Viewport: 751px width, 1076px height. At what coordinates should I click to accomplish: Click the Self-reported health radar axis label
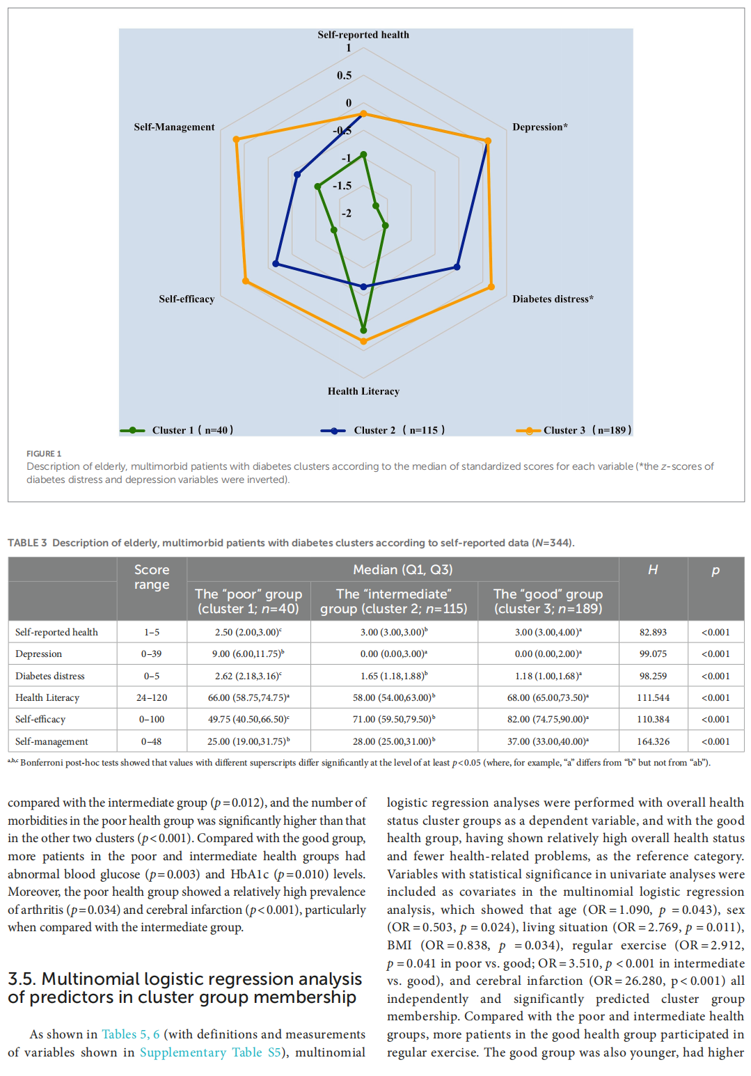tap(363, 35)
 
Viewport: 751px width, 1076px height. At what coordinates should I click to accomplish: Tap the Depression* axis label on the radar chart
tap(540, 127)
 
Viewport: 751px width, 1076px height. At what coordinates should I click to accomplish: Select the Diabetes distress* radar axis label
tap(553, 299)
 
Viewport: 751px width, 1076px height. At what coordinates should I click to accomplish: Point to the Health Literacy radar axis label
tap(363, 391)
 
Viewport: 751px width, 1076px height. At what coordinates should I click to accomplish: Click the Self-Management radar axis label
tap(174, 127)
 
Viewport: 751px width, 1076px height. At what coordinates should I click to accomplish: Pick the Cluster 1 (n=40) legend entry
tap(177, 430)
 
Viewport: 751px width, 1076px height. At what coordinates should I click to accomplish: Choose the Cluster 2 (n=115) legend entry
tap(383, 430)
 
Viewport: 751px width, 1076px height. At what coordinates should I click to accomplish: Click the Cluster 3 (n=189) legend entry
tap(574, 430)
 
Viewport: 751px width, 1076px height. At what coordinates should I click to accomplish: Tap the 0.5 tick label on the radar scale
tap(345, 75)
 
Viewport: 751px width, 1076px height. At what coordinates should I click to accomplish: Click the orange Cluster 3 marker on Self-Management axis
tap(237, 140)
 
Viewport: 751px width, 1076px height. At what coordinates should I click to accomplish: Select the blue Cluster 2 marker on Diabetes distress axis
tap(457, 267)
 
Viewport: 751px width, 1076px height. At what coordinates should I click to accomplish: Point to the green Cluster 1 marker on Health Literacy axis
tap(363, 330)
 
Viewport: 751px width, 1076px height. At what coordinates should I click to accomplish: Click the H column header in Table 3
tap(653, 570)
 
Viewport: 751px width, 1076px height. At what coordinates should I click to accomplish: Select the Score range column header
tap(152, 577)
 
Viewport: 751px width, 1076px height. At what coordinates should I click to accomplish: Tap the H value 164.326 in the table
tap(653, 741)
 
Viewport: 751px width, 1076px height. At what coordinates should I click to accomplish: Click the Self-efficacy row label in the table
tap(40, 719)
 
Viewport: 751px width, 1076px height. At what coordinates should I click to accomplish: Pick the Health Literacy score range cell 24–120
tap(152, 697)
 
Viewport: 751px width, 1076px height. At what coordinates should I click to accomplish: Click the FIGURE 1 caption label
tap(44, 454)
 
